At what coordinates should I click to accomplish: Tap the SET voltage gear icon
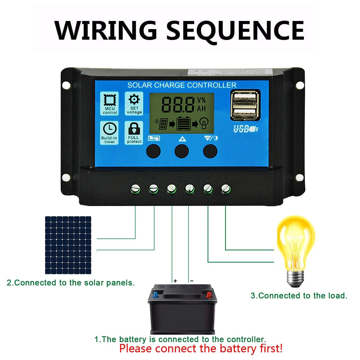point(134,103)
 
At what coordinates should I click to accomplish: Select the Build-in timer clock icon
point(109,132)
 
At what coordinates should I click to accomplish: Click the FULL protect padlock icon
point(134,132)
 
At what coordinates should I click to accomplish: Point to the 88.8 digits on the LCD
point(178,104)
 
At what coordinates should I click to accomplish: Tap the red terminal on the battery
point(208,295)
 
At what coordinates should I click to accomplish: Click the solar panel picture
point(68,245)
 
